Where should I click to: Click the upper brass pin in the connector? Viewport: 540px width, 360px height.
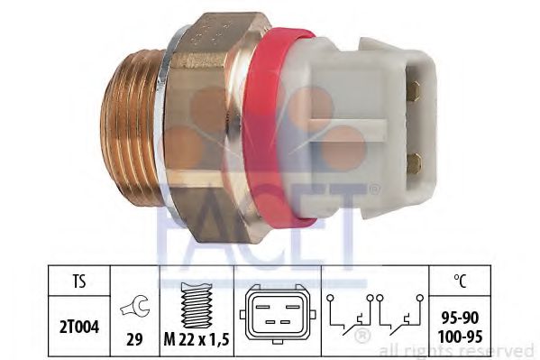pos(416,90)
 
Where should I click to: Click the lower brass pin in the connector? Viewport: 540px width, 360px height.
pos(414,162)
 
